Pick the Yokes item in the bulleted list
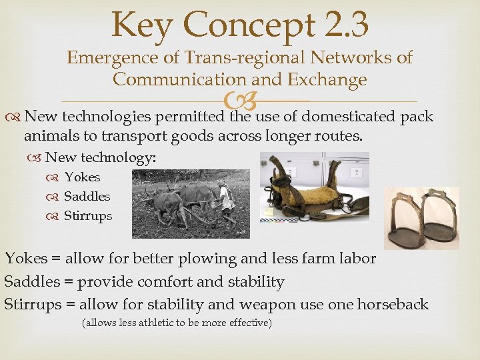pyautogui.click(x=82, y=177)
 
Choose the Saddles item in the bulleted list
pyautogui.click(x=87, y=197)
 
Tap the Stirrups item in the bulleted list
pyautogui.click(x=88, y=216)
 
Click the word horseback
pyautogui.click(x=393, y=305)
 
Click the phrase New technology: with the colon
pyautogui.click(x=101, y=158)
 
